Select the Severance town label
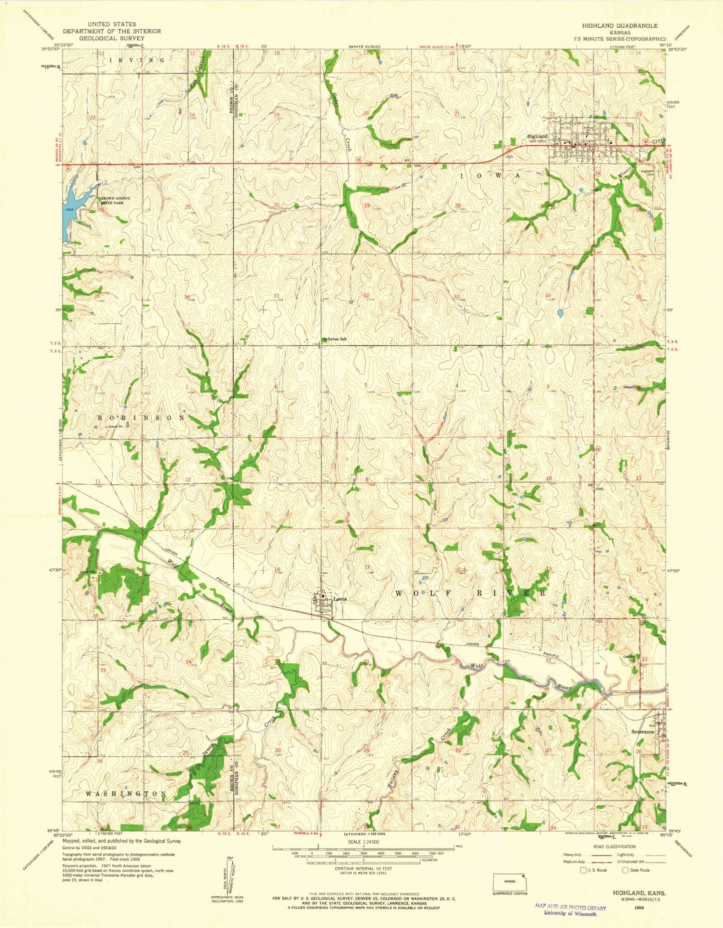(x=642, y=731)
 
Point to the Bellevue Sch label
(x=335, y=339)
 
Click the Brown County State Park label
(x=116, y=201)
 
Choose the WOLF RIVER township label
(x=470, y=593)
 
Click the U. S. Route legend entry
(x=593, y=870)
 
